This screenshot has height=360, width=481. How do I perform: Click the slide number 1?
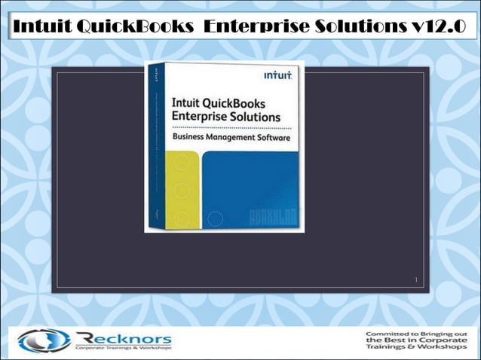pos(415,280)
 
